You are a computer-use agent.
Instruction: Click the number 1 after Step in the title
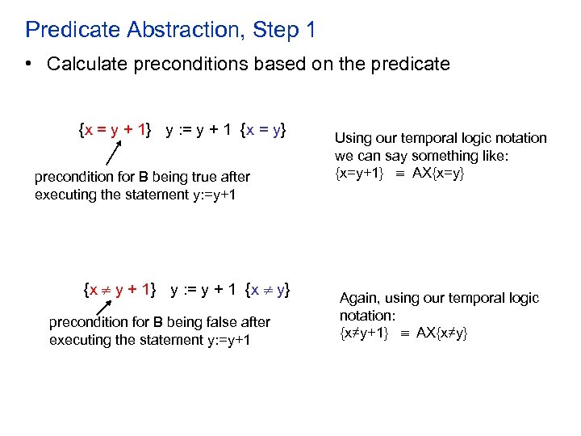point(310,31)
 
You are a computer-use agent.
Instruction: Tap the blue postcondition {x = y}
point(263,130)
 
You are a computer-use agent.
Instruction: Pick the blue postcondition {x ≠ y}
point(268,289)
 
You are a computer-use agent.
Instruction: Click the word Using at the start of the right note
point(353,138)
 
